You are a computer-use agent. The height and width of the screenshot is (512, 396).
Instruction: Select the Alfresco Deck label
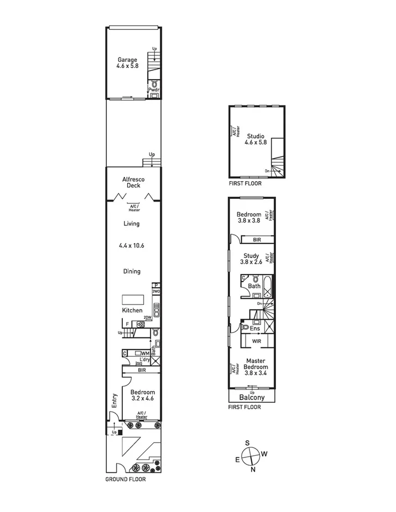tap(133, 182)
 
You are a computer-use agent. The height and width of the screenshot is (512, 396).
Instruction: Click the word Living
tap(132, 224)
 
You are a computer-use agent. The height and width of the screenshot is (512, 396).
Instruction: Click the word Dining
tap(132, 271)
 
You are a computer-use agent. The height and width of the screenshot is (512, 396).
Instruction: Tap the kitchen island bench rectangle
tap(133, 299)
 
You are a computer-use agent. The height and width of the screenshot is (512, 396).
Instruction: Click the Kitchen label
tap(132, 310)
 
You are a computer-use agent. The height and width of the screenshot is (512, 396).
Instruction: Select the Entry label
tap(114, 400)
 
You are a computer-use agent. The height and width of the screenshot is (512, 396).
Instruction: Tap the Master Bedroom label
tap(256, 364)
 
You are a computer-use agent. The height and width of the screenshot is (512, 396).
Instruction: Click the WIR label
tap(257, 342)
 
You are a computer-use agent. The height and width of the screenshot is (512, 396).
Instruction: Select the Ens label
tap(255, 329)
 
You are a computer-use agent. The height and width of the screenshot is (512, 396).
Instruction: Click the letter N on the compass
tap(253, 470)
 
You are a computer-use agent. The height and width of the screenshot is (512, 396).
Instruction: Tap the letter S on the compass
tap(248, 443)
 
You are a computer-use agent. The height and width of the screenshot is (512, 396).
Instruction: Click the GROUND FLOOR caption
tap(126, 479)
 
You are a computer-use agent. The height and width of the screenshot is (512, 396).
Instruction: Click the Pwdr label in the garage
tap(153, 89)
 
